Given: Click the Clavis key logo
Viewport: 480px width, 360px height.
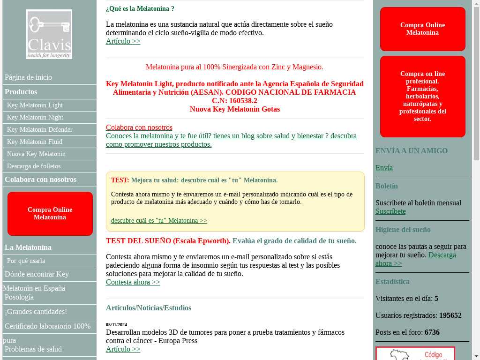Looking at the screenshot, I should coord(49,34).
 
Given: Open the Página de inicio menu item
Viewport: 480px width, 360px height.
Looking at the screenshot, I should coord(28,77).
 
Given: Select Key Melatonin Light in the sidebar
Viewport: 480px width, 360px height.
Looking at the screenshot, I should coord(35,105).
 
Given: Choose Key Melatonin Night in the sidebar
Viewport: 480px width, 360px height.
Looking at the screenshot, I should coord(35,118).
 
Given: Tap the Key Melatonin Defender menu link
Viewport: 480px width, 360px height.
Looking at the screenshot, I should coord(40,130).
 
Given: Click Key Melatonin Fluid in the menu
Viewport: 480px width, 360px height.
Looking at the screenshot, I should coord(35,142).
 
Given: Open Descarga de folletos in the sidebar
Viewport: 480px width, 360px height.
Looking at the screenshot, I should coord(34,166).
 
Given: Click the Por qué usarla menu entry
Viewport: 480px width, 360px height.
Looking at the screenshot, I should coord(26,261).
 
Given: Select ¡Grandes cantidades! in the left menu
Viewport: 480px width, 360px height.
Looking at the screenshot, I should coord(36,312).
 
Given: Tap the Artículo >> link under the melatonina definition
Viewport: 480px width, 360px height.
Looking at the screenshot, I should coord(123,41).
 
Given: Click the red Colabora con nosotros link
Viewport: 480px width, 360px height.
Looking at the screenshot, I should coord(139,127).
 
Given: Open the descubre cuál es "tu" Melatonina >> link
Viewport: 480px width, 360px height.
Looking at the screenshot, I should coord(159,221).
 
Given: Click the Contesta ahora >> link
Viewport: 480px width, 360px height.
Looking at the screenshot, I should coord(133,282).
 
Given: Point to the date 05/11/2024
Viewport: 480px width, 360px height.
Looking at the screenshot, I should coord(116,325).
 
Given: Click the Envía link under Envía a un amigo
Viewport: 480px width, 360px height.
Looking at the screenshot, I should coord(384,168).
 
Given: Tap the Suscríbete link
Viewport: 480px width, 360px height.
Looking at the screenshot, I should coord(390,211).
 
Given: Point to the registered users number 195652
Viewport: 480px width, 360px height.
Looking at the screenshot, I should coord(450,315).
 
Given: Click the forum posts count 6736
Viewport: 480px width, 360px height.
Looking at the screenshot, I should coord(432,332).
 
